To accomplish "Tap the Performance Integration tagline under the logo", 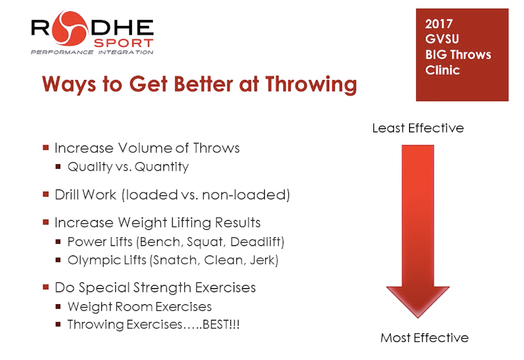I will pyautogui.click(x=92, y=52).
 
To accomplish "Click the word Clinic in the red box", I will pyautogui.click(x=442, y=70).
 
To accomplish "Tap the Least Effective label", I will pyautogui.click(x=418, y=128).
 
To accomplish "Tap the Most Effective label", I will pyautogui.click(x=424, y=338).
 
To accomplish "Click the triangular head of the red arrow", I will pyautogui.click(x=418, y=300).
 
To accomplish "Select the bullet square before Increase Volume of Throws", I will pyautogui.click(x=46, y=148).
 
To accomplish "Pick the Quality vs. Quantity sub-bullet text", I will pyautogui.click(x=128, y=167).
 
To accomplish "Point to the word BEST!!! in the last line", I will pyautogui.click(x=220, y=325).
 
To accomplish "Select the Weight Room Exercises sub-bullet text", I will pyautogui.click(x=140, y=307).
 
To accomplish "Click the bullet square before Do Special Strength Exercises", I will pyautogui.click(x=46, y=287).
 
